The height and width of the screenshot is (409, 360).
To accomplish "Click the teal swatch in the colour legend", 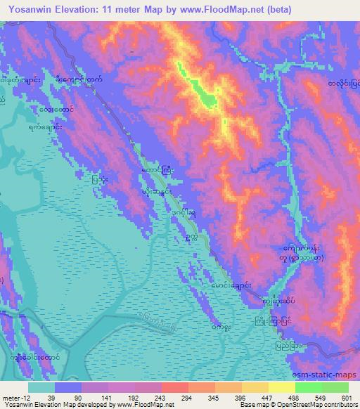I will pos(41,387).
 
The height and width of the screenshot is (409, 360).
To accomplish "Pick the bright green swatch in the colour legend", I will pos(308,387).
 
